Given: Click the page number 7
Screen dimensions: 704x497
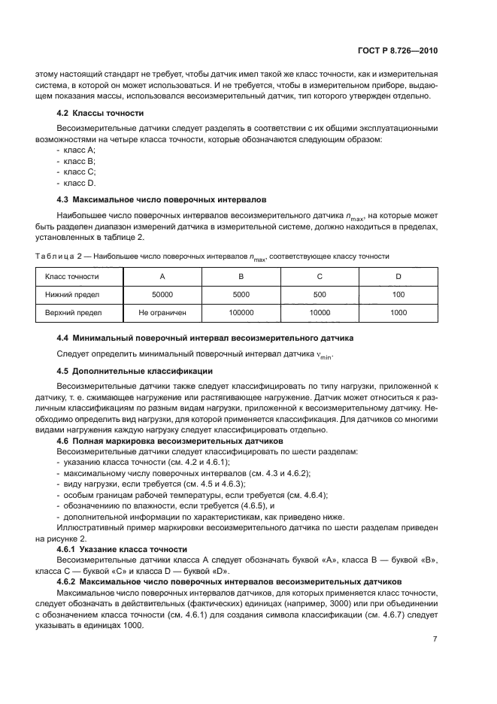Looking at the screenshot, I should coord(435,639).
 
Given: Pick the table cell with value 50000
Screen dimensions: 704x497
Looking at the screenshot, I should coord(162,293).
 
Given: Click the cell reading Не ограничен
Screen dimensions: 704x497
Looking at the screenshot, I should coord(162,311).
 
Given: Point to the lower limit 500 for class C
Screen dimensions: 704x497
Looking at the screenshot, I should coord(320,293).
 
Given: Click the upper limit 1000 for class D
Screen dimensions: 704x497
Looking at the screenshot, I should coord(399,311).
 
